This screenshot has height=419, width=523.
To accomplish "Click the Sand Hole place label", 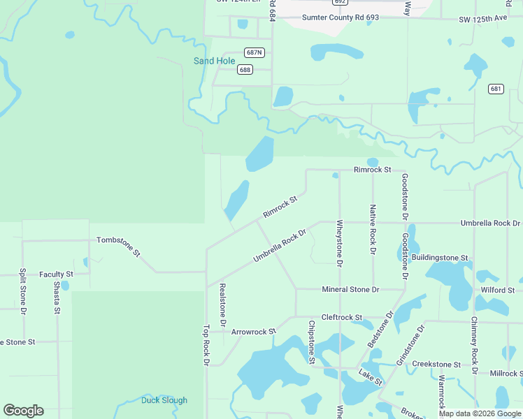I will coord(214,61).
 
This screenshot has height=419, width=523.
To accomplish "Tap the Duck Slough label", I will coord(164,400).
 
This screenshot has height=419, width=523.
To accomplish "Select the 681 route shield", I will coord(496,89).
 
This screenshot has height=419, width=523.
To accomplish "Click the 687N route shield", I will coord(255,52).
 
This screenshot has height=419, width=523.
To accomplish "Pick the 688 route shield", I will coord(245,69).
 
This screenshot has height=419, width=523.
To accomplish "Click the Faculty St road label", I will coord(56,274).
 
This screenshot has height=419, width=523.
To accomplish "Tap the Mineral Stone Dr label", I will coord(350,289).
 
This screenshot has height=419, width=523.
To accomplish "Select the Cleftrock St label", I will coord(341,317).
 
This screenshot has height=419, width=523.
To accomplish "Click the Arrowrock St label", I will coord(254,332).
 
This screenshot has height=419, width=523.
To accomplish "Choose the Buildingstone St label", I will coord(439,258).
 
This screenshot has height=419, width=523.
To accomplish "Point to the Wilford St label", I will coord(497,290).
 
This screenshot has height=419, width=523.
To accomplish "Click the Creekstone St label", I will coord(436,365).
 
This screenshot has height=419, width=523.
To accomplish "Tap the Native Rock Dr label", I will coord(373,229).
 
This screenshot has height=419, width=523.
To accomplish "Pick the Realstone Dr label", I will coord(222,305).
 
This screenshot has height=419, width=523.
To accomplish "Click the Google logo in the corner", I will coord(23,411).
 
